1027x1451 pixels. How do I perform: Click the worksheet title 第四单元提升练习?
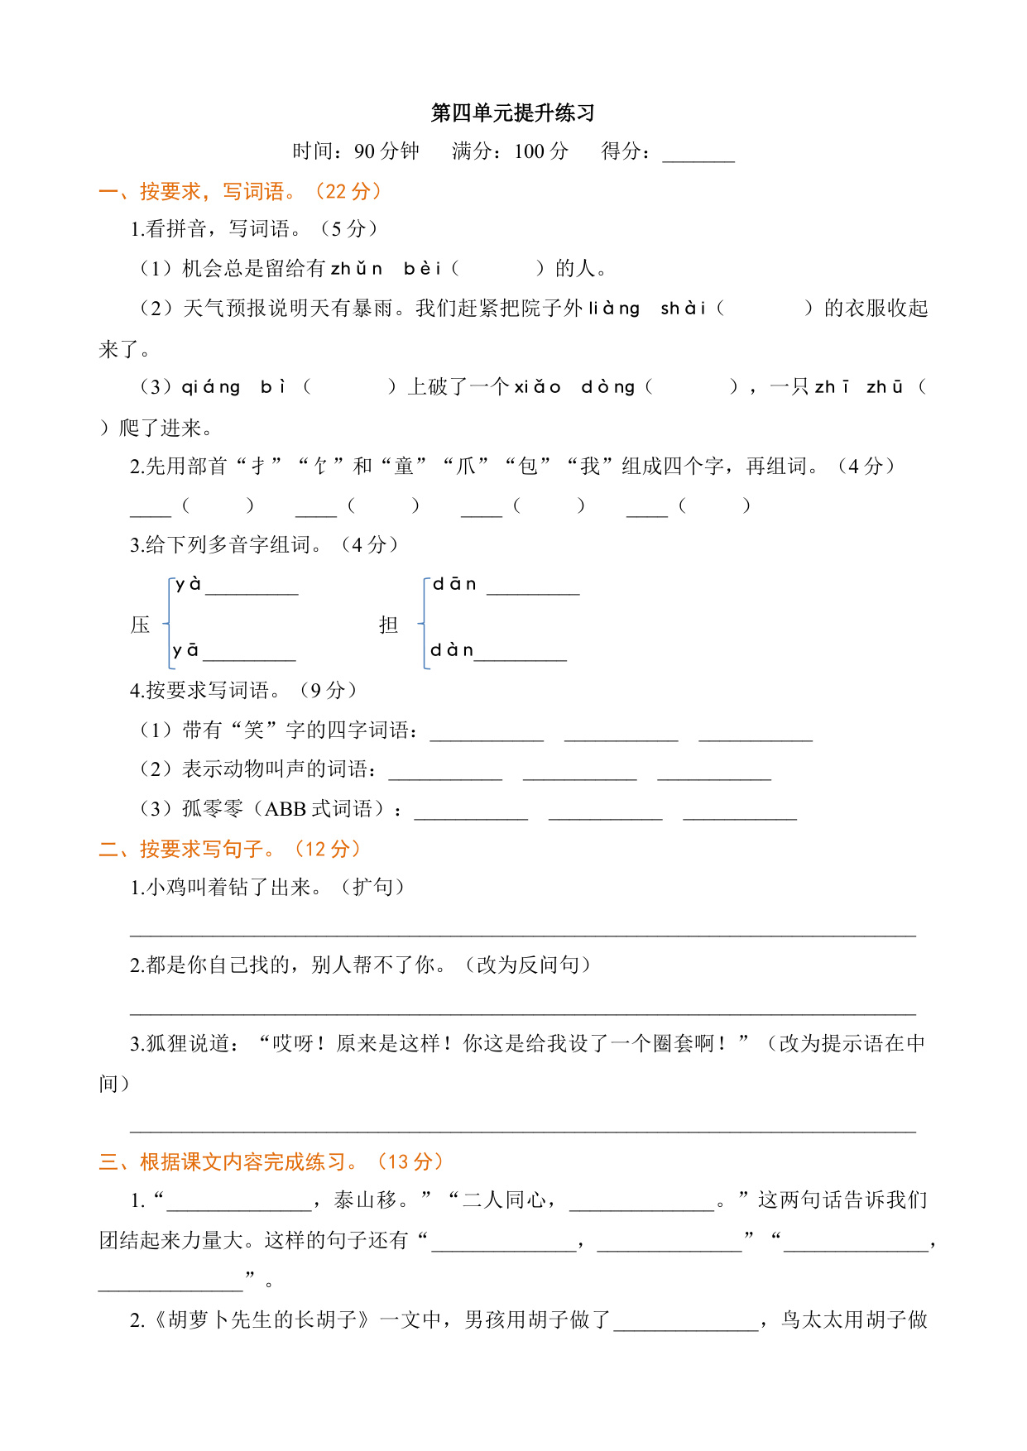[512, 113]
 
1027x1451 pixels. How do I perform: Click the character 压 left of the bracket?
[141, 625]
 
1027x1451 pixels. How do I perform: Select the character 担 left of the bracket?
[389, 625]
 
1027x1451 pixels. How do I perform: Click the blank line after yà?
[252, 589]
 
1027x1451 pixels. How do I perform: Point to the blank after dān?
[533, 589]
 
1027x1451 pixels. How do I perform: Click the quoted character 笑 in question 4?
[254, 730]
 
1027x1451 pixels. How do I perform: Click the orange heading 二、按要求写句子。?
[230, 850]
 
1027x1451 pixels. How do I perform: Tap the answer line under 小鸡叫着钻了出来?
[522, 930]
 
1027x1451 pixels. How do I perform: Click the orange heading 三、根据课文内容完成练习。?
[271, 1162]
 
